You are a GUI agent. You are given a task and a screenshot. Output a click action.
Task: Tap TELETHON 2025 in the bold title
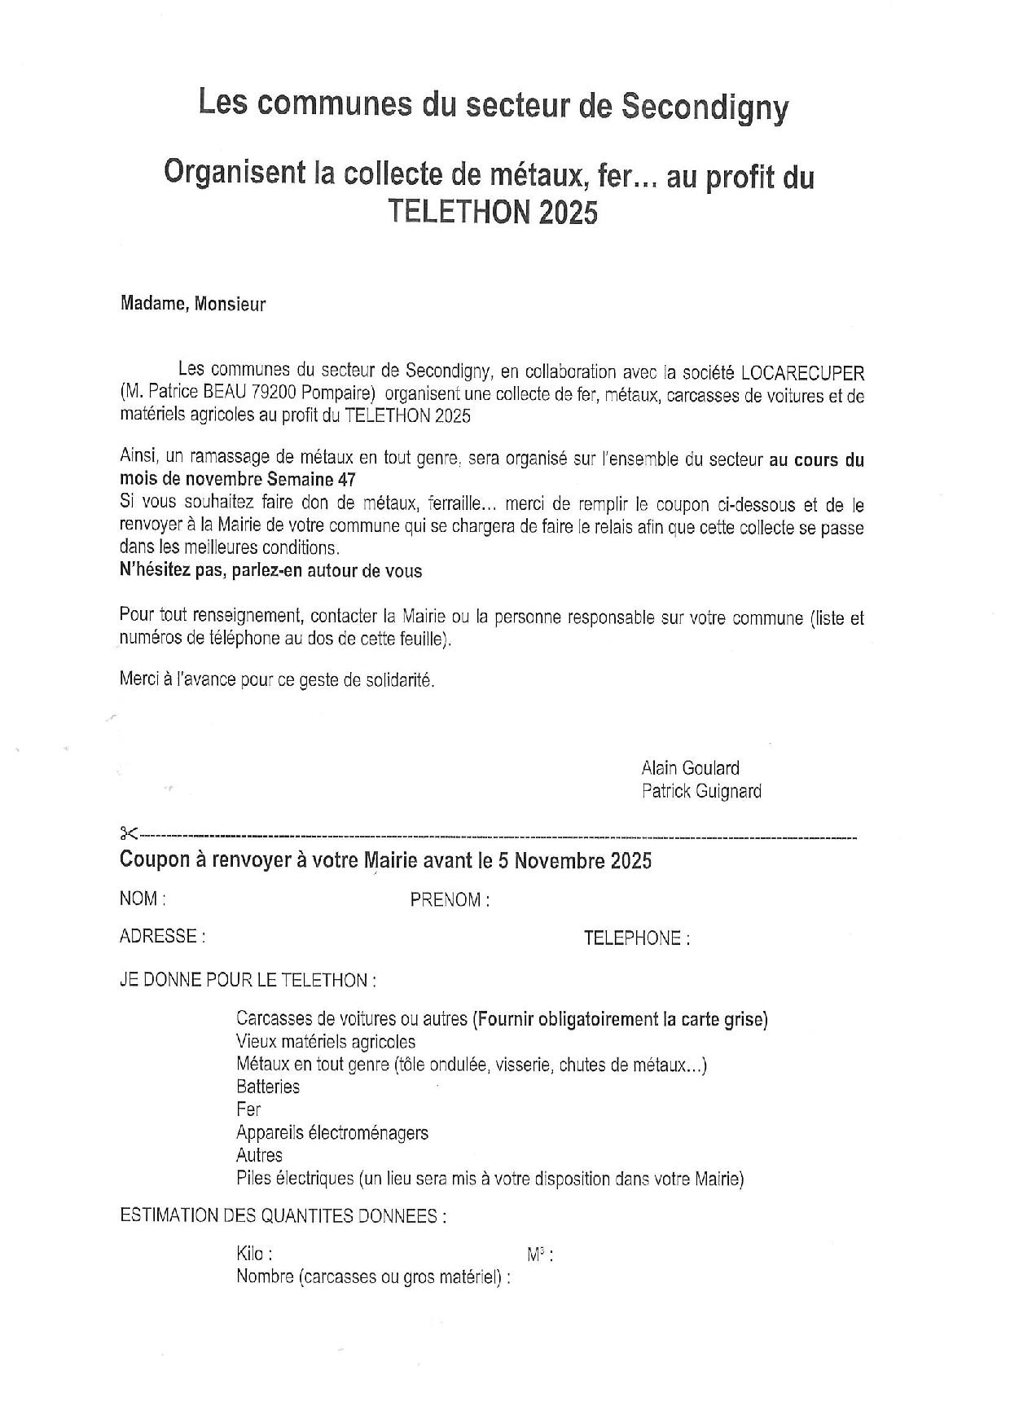[x=492, y=212]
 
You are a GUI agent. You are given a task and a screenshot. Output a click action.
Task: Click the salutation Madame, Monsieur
[x=192, y=305]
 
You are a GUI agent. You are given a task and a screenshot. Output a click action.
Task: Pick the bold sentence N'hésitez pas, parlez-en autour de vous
[x=270, y=570]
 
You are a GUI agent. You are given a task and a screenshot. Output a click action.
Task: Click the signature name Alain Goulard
[x=690, y=768]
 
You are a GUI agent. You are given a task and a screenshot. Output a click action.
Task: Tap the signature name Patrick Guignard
[x=700, y=791]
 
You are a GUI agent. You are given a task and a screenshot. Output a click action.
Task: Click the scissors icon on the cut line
[x=129, y=833]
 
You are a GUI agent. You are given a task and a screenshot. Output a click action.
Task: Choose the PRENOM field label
[x=449, y=900]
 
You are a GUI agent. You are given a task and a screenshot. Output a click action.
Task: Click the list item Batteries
[x=267, y=1087]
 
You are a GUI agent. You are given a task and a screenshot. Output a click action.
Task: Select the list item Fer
[x=248, y=1109]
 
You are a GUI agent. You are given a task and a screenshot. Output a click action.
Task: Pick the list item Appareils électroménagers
[x=332, y=1132]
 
